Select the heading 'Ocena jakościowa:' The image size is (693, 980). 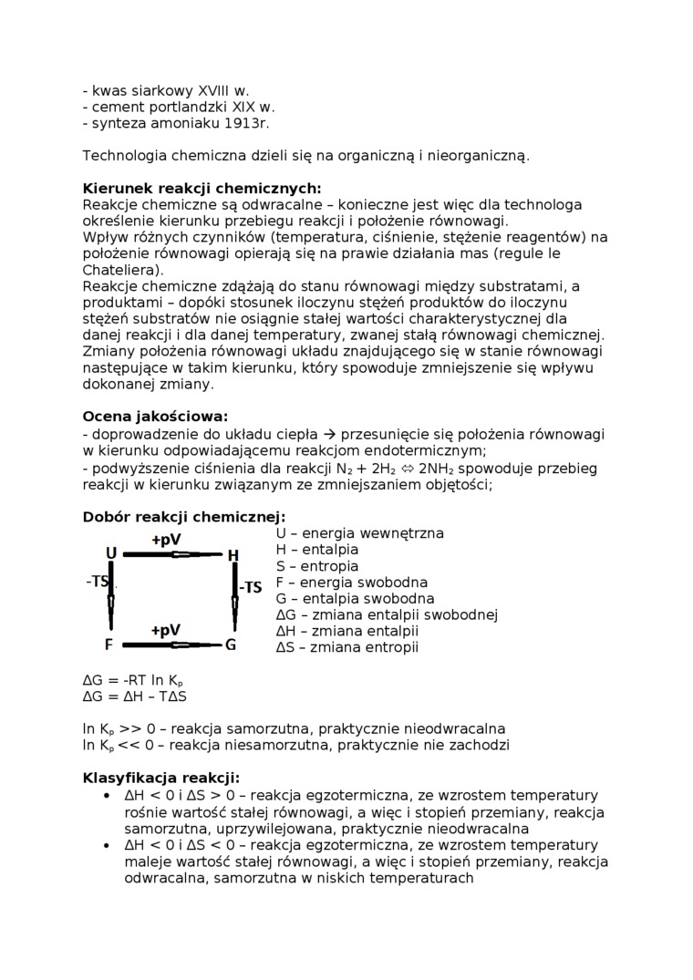coord(155,417)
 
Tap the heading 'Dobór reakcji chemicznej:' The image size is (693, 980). coord(184,516)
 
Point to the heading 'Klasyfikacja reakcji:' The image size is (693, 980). coord(161,778)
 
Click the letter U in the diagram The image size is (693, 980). coord(111,553)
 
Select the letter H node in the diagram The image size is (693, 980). coord(233,555)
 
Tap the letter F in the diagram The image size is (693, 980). coord(109,645)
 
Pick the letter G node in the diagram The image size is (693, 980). coord(231,645)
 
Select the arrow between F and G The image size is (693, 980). coord(171,645)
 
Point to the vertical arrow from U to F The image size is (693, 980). coord(111,599)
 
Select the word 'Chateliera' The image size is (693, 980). coord(119,270)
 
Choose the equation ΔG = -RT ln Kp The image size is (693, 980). coord(134,680)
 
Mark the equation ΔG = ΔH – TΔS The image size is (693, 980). coord(134,696)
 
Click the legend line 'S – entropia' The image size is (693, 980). coord(317,566)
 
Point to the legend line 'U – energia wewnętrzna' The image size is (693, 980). coord(346,533)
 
